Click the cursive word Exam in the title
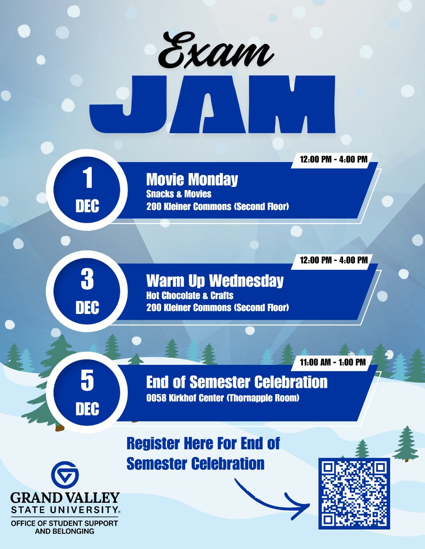click(215, 51)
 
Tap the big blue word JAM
click(212, 106)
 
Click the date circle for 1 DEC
click(87, 190)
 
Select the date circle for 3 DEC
click(87, 291)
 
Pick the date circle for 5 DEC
click(87, 392)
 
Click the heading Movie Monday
click(192, 179)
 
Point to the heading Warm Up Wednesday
click(215, 280)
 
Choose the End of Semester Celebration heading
click(237, 382)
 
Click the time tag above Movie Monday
click(333, 160)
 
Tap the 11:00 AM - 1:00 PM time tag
click(332, 362)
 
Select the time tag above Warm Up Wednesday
click(333, 260)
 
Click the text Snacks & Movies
click(179, 194)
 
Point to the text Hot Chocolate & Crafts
click(190, 295)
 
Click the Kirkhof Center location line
click(223, 398)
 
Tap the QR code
click(354, 493)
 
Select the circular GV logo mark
click(65, 475)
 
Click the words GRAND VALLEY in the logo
click(65, 497)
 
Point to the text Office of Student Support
click(65, 523)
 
